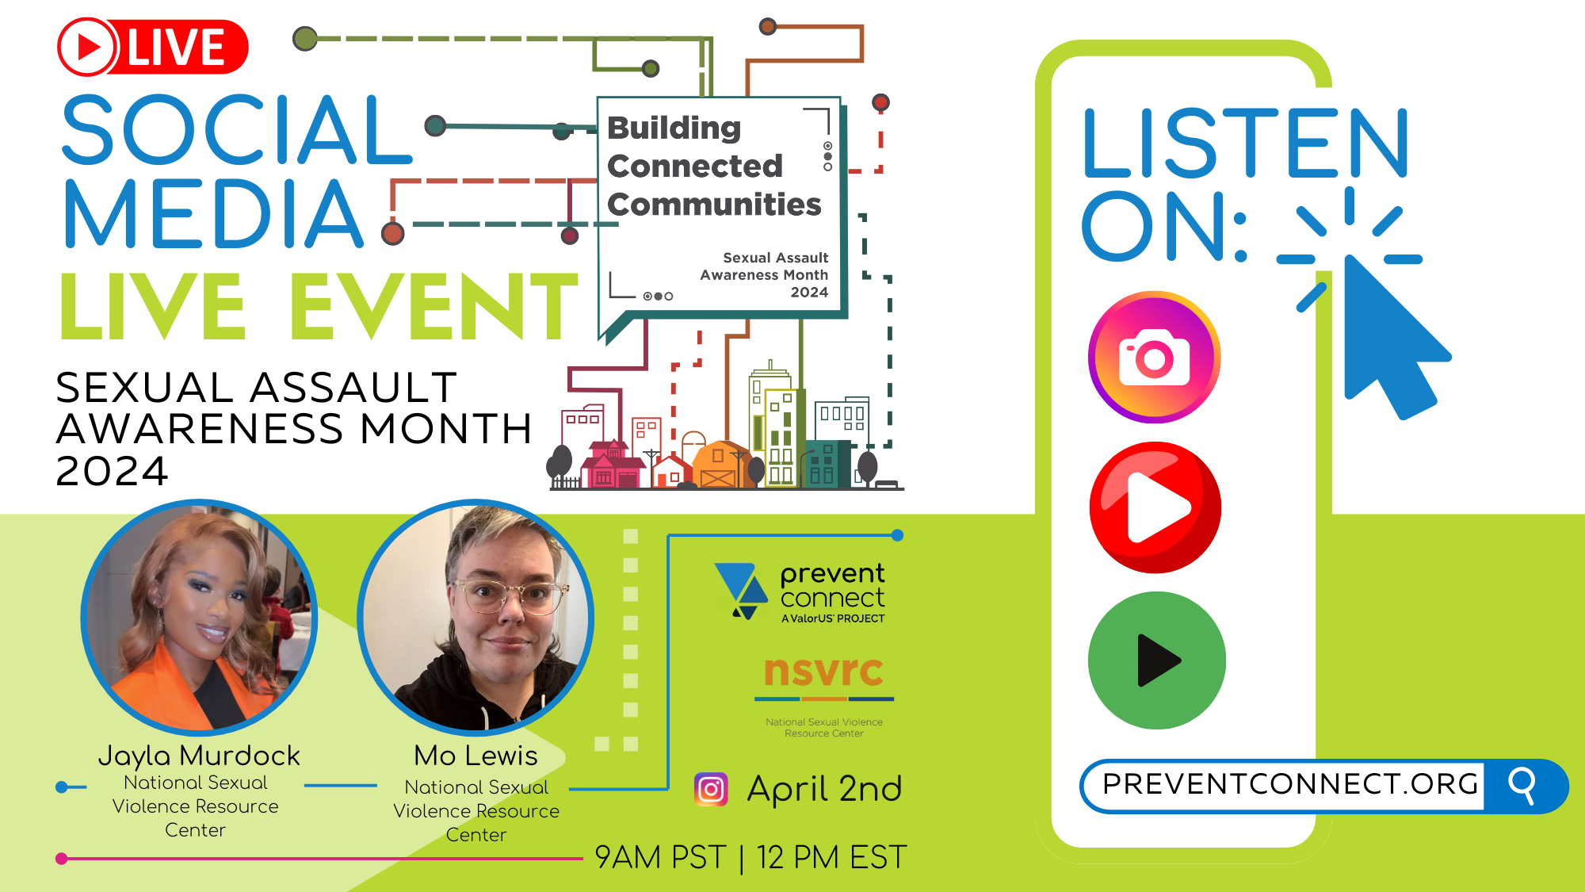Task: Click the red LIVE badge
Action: pyautogui.click(x=153, y=47)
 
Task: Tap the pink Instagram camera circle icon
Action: pyautogui.click(x=1155, y=358)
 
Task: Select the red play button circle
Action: pyautogui.click(x=1155, y=507)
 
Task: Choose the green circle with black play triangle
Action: pyautogui.click(x=1157, y=660)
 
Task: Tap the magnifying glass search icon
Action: pyautogui.click(x=1522, y=786)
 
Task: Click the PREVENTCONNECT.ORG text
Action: pyautogui.click(x=1290, y=784)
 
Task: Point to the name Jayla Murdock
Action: pyautogui.click(x=199, y=756)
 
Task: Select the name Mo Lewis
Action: pyautogui.click(x=475, y=756)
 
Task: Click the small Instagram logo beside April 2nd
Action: pyautogui.click(x=711, y=789)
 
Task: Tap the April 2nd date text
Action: pyautogui.click(x=824, y=789)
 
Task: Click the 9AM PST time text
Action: pyautogui.click(x=660, y=857)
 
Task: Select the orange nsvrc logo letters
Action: pyautogui.click(x=823, y=671)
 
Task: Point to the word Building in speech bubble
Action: pyautogui.click(x=674, y=128)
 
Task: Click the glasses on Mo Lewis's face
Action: pyautogui.click(x=510, y=595)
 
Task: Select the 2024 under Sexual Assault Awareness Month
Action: pyautogui.click(x=111, y=471)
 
